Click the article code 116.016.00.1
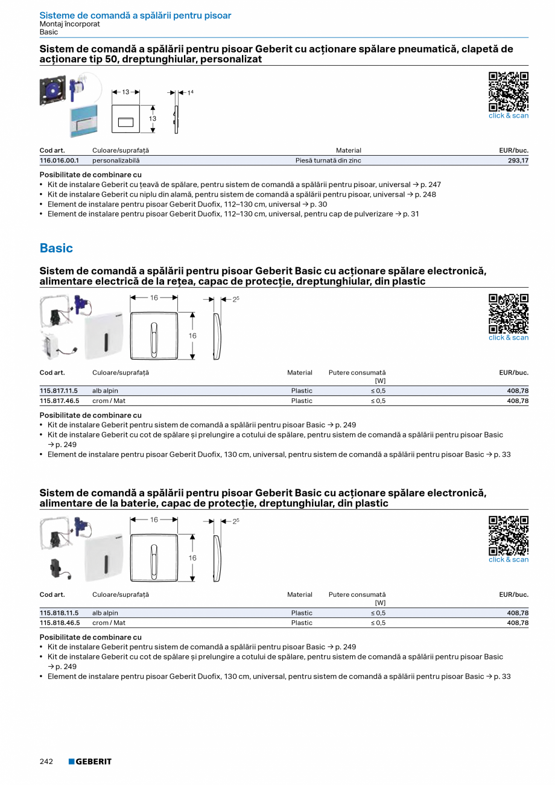[59, 160]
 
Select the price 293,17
[517, 160]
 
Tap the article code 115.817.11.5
[59, 391]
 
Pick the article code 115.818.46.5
[59, 623]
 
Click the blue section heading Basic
[56, 248]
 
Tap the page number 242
[46, 761]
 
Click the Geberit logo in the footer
[90, 761]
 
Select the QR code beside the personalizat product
[508, 92]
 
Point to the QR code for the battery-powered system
[508, 535]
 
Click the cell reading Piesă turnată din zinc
[328, 160]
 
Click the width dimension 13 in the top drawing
[125, 92]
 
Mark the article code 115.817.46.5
[59, 401]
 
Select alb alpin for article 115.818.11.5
[105, 613]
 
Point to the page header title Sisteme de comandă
[135, 16]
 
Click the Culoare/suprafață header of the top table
[121, 150]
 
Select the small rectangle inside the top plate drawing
[125, 122]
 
